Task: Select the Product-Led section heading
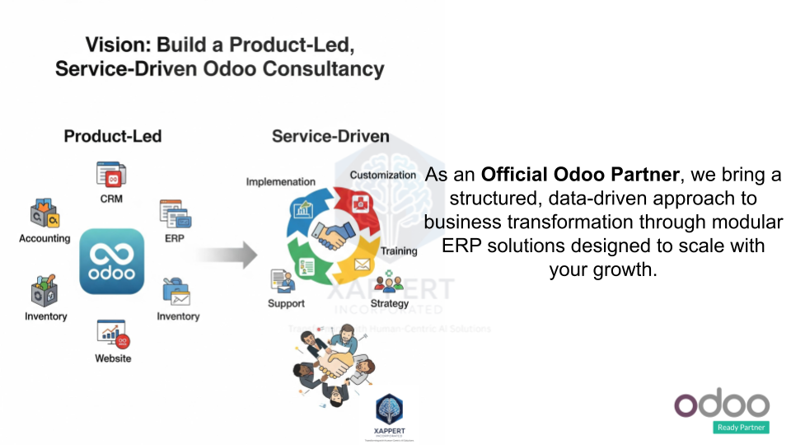click(x=113, y=136)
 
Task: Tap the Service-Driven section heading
click(x=330, y=136)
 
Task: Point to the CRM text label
click(x=111, y=199)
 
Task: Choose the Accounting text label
click(x=44, y=238)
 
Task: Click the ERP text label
click(x=175, y=238)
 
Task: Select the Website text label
click(x=113, y=358)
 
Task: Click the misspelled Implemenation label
click(x=280, y=181)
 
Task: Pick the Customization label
click(x=383, y=175)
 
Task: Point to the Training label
click(x=399, y=251)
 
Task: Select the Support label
click(x=286, y=303)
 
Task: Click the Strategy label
click(x=390, y=303)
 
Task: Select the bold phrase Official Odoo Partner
click(x=581, y=176)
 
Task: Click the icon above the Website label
click(x=113, y=334)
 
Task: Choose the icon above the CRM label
click(x=111, y=175)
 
